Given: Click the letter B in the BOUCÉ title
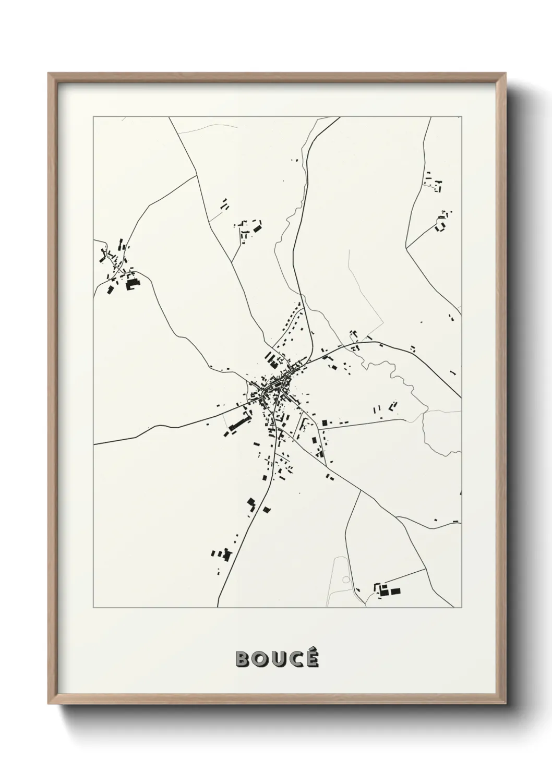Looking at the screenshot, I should pyautogui.click(x=244, y=659).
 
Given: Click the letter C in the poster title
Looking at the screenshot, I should pyautogui.click(x=295, y=659).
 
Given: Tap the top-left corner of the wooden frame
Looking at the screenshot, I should pyautogui.click(x=49, y=74).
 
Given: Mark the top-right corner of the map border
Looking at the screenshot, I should pyautogui.click(x=461, y=117).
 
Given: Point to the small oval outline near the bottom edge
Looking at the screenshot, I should pyautogui.click(x=345, y=580).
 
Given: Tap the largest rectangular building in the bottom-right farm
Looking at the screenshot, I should pyautogui.click(x=395, y=591).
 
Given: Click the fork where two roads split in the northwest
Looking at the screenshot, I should pyautogui.click(x=200, y=175).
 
